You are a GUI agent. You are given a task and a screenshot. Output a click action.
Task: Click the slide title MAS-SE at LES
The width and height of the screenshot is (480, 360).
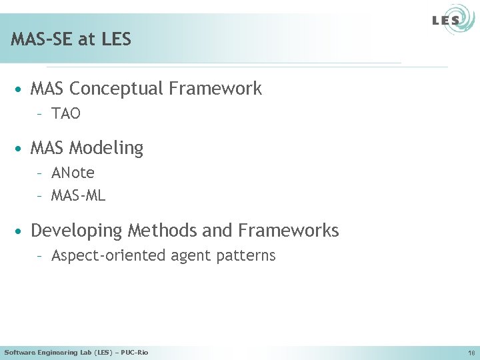point(71,39)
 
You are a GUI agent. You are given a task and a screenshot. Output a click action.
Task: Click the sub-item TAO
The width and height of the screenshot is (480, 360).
point(66,114)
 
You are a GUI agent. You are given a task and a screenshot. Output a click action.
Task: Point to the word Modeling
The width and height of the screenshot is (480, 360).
point(106,148)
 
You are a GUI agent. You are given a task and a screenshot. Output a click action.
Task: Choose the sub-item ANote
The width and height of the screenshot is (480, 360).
point(73,173)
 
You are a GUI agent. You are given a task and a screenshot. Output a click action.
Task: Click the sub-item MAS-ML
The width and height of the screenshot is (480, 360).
point(78,196)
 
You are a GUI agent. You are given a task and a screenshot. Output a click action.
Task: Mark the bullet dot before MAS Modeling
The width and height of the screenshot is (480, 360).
point(22,148)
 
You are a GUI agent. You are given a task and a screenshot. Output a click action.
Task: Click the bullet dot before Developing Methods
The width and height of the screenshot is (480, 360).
point(22,231)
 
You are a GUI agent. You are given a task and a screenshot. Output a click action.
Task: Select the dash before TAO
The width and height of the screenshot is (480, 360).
point(41,114)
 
